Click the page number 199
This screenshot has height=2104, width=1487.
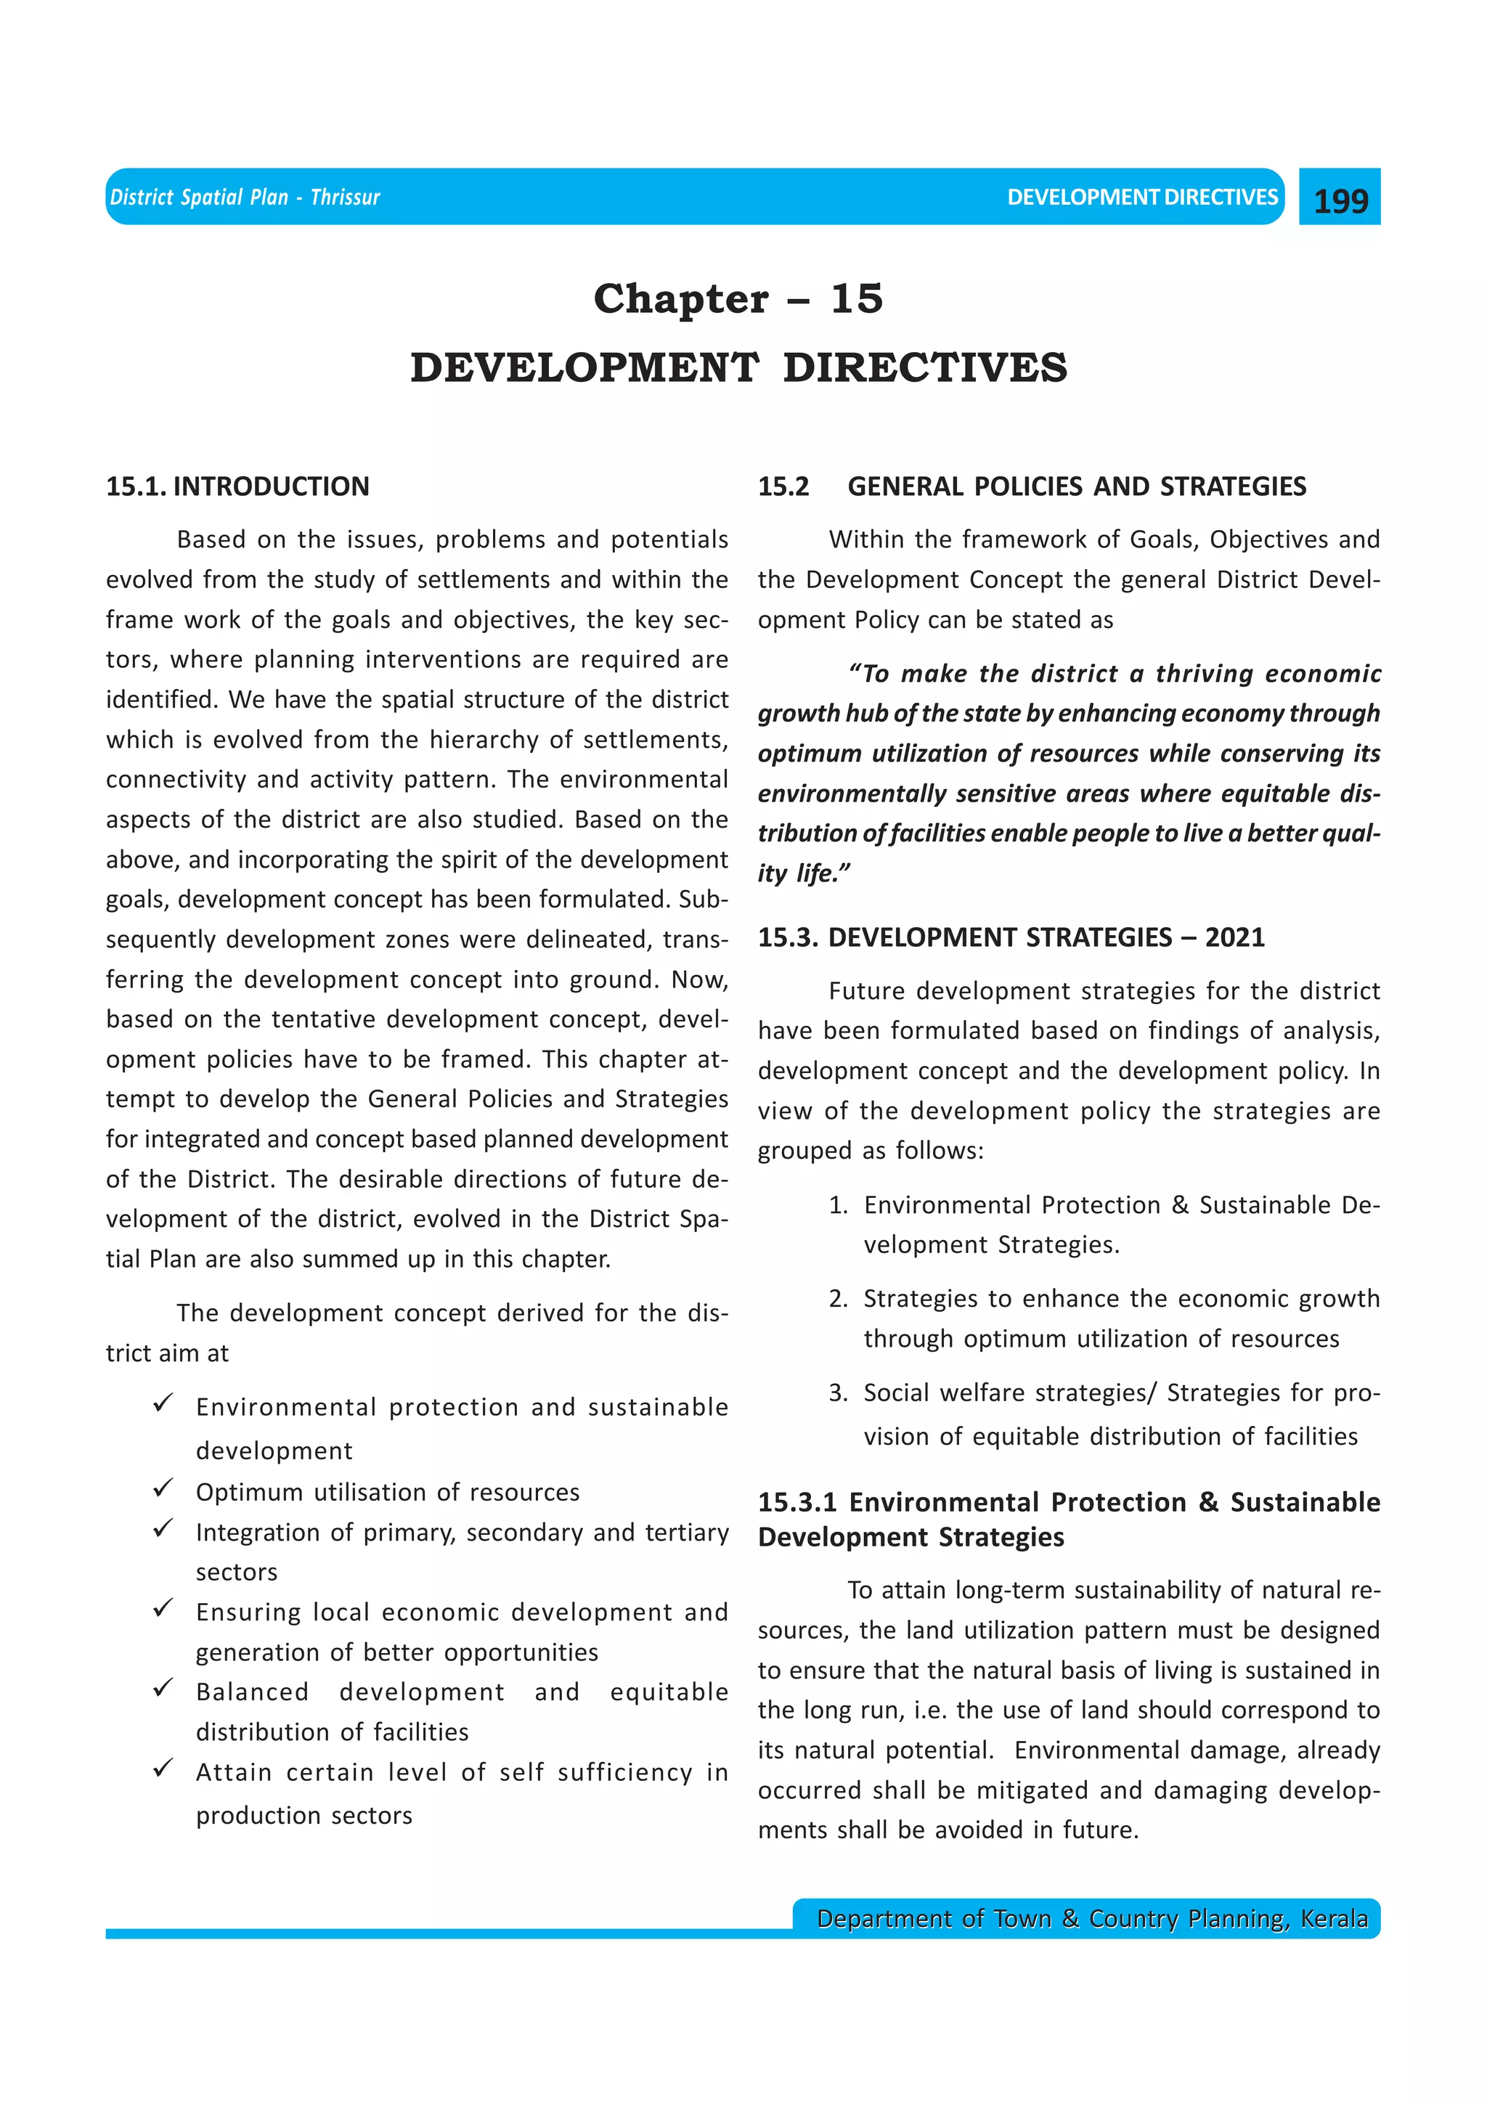pos(1340,200)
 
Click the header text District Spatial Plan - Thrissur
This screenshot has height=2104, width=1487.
pos(245,197)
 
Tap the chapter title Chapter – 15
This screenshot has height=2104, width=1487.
pos(738,298)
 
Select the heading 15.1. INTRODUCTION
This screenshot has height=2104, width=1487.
pos(237,486)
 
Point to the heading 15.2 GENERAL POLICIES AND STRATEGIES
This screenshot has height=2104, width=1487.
pos(1032,486)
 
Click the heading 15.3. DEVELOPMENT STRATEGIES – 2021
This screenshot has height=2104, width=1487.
pos(1011,937)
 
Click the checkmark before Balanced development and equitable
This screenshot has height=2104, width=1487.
pos(164,1687)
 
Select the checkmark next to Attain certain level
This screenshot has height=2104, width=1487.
pos(164,1768)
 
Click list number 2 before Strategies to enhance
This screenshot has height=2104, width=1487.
pos(837,1299)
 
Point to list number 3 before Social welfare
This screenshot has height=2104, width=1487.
pos(837,1393)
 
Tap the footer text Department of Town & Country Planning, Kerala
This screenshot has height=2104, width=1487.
pos(1092,1918)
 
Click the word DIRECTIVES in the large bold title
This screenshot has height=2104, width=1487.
pos(925,367)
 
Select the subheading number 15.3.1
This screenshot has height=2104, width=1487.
pos(797,1502)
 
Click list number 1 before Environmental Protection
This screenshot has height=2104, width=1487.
pos(837,1205)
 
